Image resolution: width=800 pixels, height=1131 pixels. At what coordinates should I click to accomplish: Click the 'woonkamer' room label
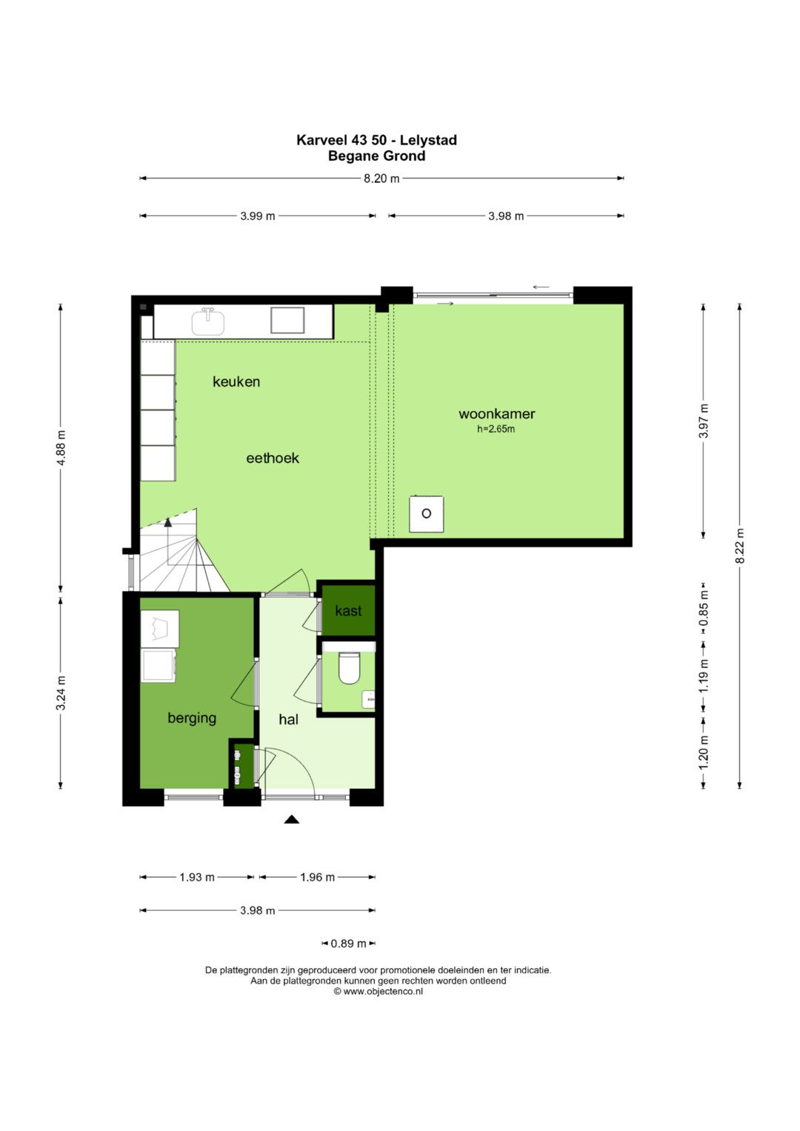click(496, 414)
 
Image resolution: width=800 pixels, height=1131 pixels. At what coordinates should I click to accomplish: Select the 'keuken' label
click(236, 381)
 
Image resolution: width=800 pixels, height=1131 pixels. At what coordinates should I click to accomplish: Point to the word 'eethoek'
click(273, 458)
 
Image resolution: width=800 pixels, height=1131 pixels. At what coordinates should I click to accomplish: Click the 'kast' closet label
click(348, 611)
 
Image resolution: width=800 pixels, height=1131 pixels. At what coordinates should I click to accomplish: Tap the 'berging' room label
click(192, 718)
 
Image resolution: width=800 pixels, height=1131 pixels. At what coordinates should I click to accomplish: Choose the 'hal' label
click(288, 719)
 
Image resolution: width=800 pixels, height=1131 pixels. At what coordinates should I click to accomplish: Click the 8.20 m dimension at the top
click(381, 179)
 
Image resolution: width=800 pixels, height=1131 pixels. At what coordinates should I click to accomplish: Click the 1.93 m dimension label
click(197, 877)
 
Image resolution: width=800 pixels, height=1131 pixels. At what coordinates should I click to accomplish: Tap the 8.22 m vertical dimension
click(740, 546)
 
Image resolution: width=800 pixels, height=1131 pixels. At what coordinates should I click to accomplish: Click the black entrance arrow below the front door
click(291, 819)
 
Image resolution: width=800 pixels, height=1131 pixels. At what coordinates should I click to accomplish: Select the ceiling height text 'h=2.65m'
click(496, 429)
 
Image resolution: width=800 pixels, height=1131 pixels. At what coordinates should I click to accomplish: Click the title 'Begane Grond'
click(377, 156)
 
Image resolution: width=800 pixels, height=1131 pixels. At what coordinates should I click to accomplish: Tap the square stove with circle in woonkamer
click(426, 514)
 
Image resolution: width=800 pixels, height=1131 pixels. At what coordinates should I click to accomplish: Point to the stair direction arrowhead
click(167, 522)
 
